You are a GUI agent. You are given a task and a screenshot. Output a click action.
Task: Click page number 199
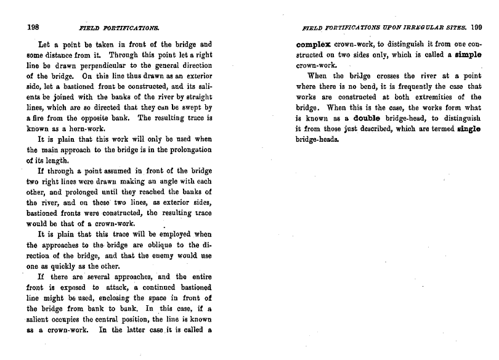tap(475, 28)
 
